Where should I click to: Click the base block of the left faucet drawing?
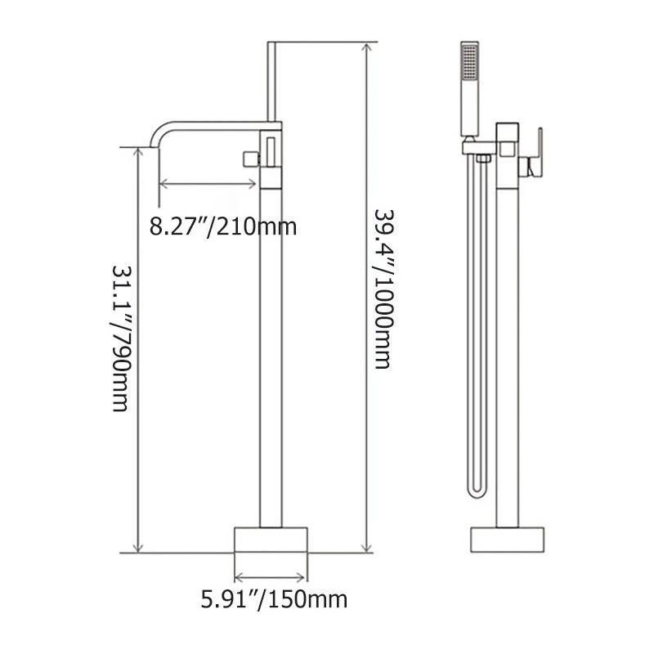pos(271,540)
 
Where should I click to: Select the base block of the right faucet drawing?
pos(508,540)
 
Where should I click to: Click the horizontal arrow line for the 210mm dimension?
pos(208,183)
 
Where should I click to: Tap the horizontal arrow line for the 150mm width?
pos(271,574)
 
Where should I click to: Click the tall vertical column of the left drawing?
pos(271,343)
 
